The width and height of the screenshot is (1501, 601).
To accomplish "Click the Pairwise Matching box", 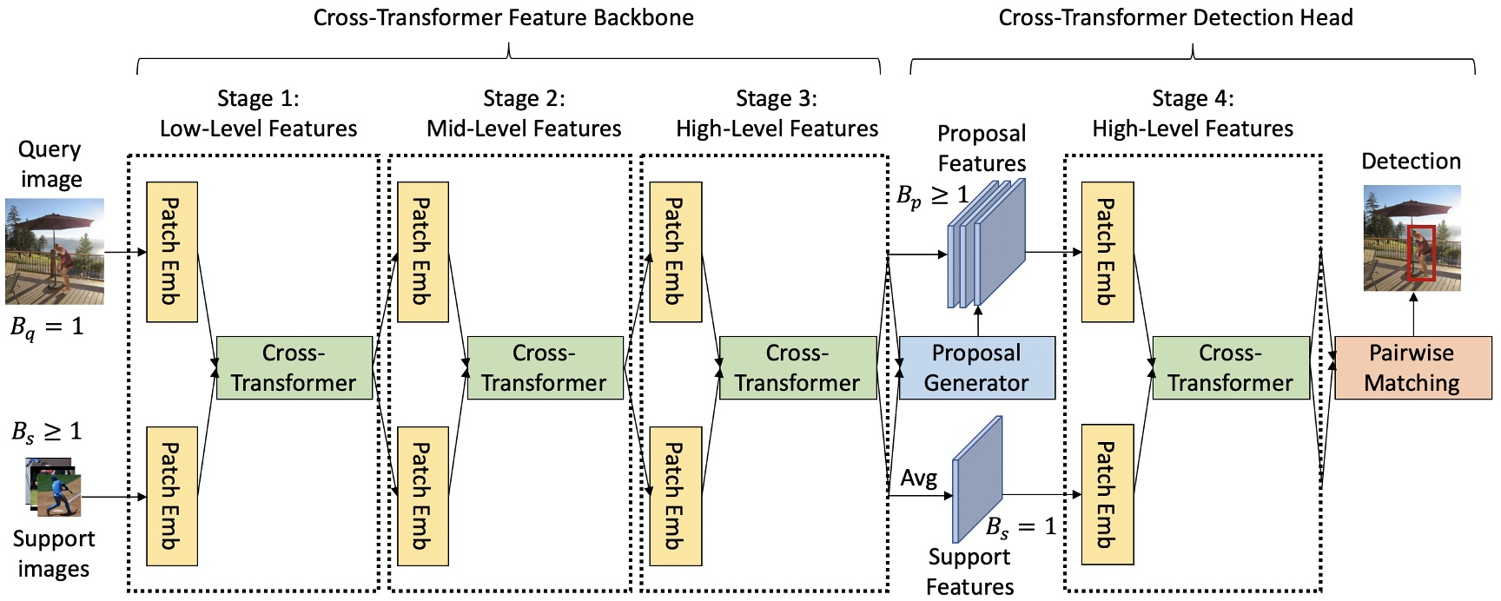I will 1412,368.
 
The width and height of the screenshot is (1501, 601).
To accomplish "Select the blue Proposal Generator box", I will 976,368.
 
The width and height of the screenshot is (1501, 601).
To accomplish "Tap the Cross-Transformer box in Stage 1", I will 294,368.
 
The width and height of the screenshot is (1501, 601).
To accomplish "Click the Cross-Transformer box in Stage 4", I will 1230,368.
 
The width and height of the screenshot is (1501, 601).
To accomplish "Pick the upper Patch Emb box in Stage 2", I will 422,252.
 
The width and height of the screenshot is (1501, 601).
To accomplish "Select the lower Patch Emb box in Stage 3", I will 675,496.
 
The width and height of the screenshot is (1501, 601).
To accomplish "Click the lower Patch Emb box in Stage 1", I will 172,496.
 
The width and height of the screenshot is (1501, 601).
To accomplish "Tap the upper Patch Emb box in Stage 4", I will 1107,252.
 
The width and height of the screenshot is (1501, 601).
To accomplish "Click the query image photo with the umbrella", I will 55,251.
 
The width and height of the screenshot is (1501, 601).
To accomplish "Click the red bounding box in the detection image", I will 1421,253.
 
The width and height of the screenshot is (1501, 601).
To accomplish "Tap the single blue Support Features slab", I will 978,479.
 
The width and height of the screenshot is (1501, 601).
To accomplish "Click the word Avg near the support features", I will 918,479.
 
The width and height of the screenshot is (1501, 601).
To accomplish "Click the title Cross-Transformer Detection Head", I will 1175,17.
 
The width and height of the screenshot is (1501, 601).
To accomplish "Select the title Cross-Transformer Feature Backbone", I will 504,17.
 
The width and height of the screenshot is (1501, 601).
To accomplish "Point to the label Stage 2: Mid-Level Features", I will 524,114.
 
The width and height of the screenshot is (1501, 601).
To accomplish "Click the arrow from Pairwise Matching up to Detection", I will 1413,314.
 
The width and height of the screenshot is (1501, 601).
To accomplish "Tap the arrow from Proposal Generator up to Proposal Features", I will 978,320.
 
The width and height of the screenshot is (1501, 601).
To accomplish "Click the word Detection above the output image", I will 1411,162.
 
